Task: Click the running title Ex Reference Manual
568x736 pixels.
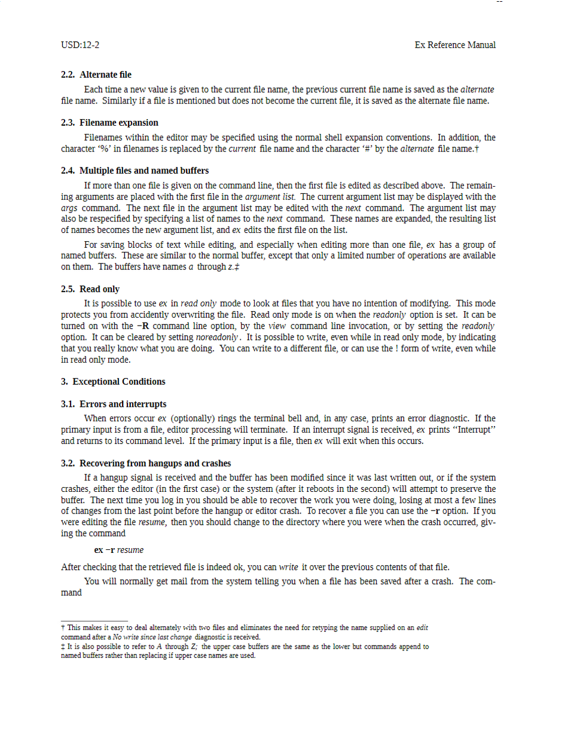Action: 455,45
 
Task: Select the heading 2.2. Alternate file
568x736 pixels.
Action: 96,75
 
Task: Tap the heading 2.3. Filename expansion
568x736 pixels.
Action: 109,123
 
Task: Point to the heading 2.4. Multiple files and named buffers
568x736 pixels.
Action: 135,171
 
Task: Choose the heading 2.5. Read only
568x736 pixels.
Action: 90,289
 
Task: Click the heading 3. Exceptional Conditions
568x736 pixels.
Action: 113,381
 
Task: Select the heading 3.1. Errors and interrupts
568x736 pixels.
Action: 114,404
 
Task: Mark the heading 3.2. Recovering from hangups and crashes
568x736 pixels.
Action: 146,463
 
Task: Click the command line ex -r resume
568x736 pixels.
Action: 118,550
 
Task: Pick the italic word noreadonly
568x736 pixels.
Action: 216,337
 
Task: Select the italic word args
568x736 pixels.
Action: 69,208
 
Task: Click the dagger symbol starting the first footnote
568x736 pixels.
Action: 63,628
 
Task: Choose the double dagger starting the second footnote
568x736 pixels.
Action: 63,646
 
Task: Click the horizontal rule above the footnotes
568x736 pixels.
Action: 94,621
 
